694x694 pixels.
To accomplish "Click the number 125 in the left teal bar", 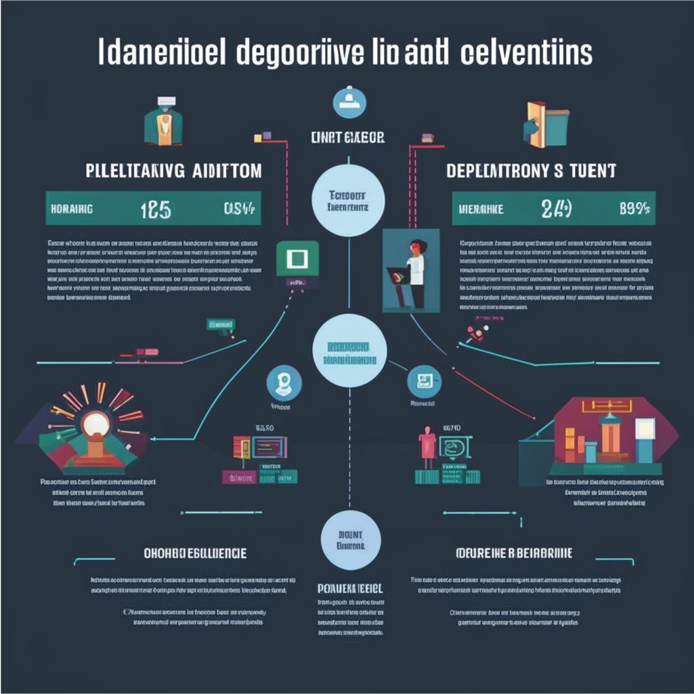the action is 155,209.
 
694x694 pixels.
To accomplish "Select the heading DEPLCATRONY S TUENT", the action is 531,171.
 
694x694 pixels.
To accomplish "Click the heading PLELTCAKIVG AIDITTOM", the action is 174,171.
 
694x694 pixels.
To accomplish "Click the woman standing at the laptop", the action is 414,271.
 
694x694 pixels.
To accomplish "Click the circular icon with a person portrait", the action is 284,383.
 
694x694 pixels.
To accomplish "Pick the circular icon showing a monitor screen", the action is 425,382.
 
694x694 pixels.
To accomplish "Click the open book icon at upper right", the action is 546,124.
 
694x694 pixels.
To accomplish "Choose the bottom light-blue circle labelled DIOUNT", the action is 351,540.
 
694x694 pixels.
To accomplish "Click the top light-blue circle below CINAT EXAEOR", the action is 349,200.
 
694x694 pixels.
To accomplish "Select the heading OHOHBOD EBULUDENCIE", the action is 195,553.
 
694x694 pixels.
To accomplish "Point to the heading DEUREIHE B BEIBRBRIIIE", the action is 514,553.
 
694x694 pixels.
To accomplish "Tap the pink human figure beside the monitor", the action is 427,448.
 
